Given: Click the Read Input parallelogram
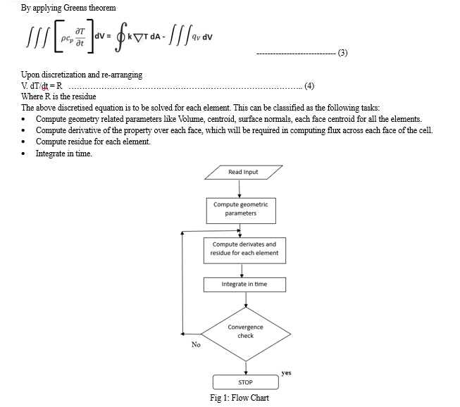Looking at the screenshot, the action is click(x=244, y=172).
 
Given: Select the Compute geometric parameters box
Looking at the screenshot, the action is click(x=241, y=211).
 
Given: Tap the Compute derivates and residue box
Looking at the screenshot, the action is click(x=244, y=251).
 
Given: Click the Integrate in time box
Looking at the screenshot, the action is click(x=244, y=284).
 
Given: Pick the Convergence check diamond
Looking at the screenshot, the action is click(x=246, y=334).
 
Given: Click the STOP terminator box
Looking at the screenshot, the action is click(x=246, y=382).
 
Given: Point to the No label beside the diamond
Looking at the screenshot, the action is click(x=196, y=344).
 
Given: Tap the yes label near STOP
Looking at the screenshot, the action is click(x=286, y=372).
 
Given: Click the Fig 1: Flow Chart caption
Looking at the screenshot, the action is click(x=240, y=398).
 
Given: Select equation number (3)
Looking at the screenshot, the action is click(x=342, y=53).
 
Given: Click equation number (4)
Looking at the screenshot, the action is click(x=309, y=86).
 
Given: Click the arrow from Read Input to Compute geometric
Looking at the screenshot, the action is click(x=240, y=189).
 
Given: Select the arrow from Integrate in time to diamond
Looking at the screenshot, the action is click(x=246, y=299).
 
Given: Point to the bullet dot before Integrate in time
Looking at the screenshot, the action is click(x=23, y=154).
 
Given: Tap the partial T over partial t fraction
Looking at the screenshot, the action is click(x=80, y=37).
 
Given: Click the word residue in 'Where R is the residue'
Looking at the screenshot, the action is click(x=85, y=96).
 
